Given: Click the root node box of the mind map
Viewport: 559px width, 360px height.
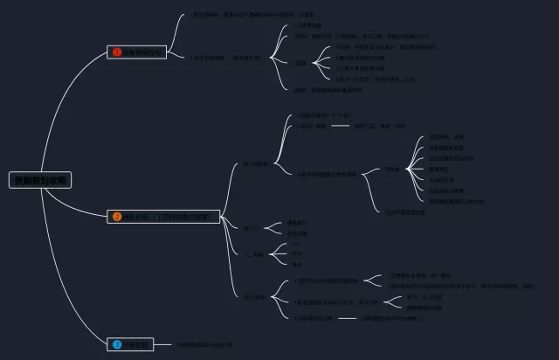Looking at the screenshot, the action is [39, 180].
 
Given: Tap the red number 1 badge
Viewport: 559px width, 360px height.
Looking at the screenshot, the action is [116, 52].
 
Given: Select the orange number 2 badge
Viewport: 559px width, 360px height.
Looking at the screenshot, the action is [116, 216].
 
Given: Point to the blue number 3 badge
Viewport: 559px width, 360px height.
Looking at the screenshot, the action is [116, 345].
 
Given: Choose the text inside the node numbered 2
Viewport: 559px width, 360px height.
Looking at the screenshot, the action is [166, 216].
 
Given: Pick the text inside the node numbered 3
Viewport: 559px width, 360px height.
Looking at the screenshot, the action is [139, 345].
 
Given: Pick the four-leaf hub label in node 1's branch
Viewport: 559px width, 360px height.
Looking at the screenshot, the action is [300, 63].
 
